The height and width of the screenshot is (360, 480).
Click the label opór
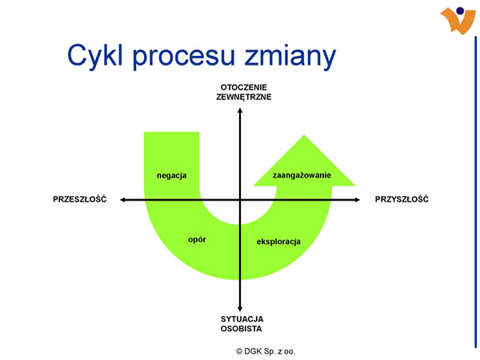pos(198,239)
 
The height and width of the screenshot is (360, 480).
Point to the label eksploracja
pos(278,241)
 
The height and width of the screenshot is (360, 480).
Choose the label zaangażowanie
pos(302,174)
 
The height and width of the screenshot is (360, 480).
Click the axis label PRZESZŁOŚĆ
pos(79,198)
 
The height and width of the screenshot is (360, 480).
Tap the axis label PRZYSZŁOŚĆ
pos(402,198)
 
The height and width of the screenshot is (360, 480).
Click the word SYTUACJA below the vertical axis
pos(241,319)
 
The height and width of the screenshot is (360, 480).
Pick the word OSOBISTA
pos(241,329)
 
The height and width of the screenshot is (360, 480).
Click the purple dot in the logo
pos(460,10)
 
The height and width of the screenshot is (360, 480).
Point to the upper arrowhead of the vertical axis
pos(240,108)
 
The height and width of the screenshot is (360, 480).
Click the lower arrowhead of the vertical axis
pos(240,310)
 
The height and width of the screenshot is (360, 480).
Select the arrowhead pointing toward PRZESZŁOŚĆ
pos(121,199)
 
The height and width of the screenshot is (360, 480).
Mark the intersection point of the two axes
pos(240,199)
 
